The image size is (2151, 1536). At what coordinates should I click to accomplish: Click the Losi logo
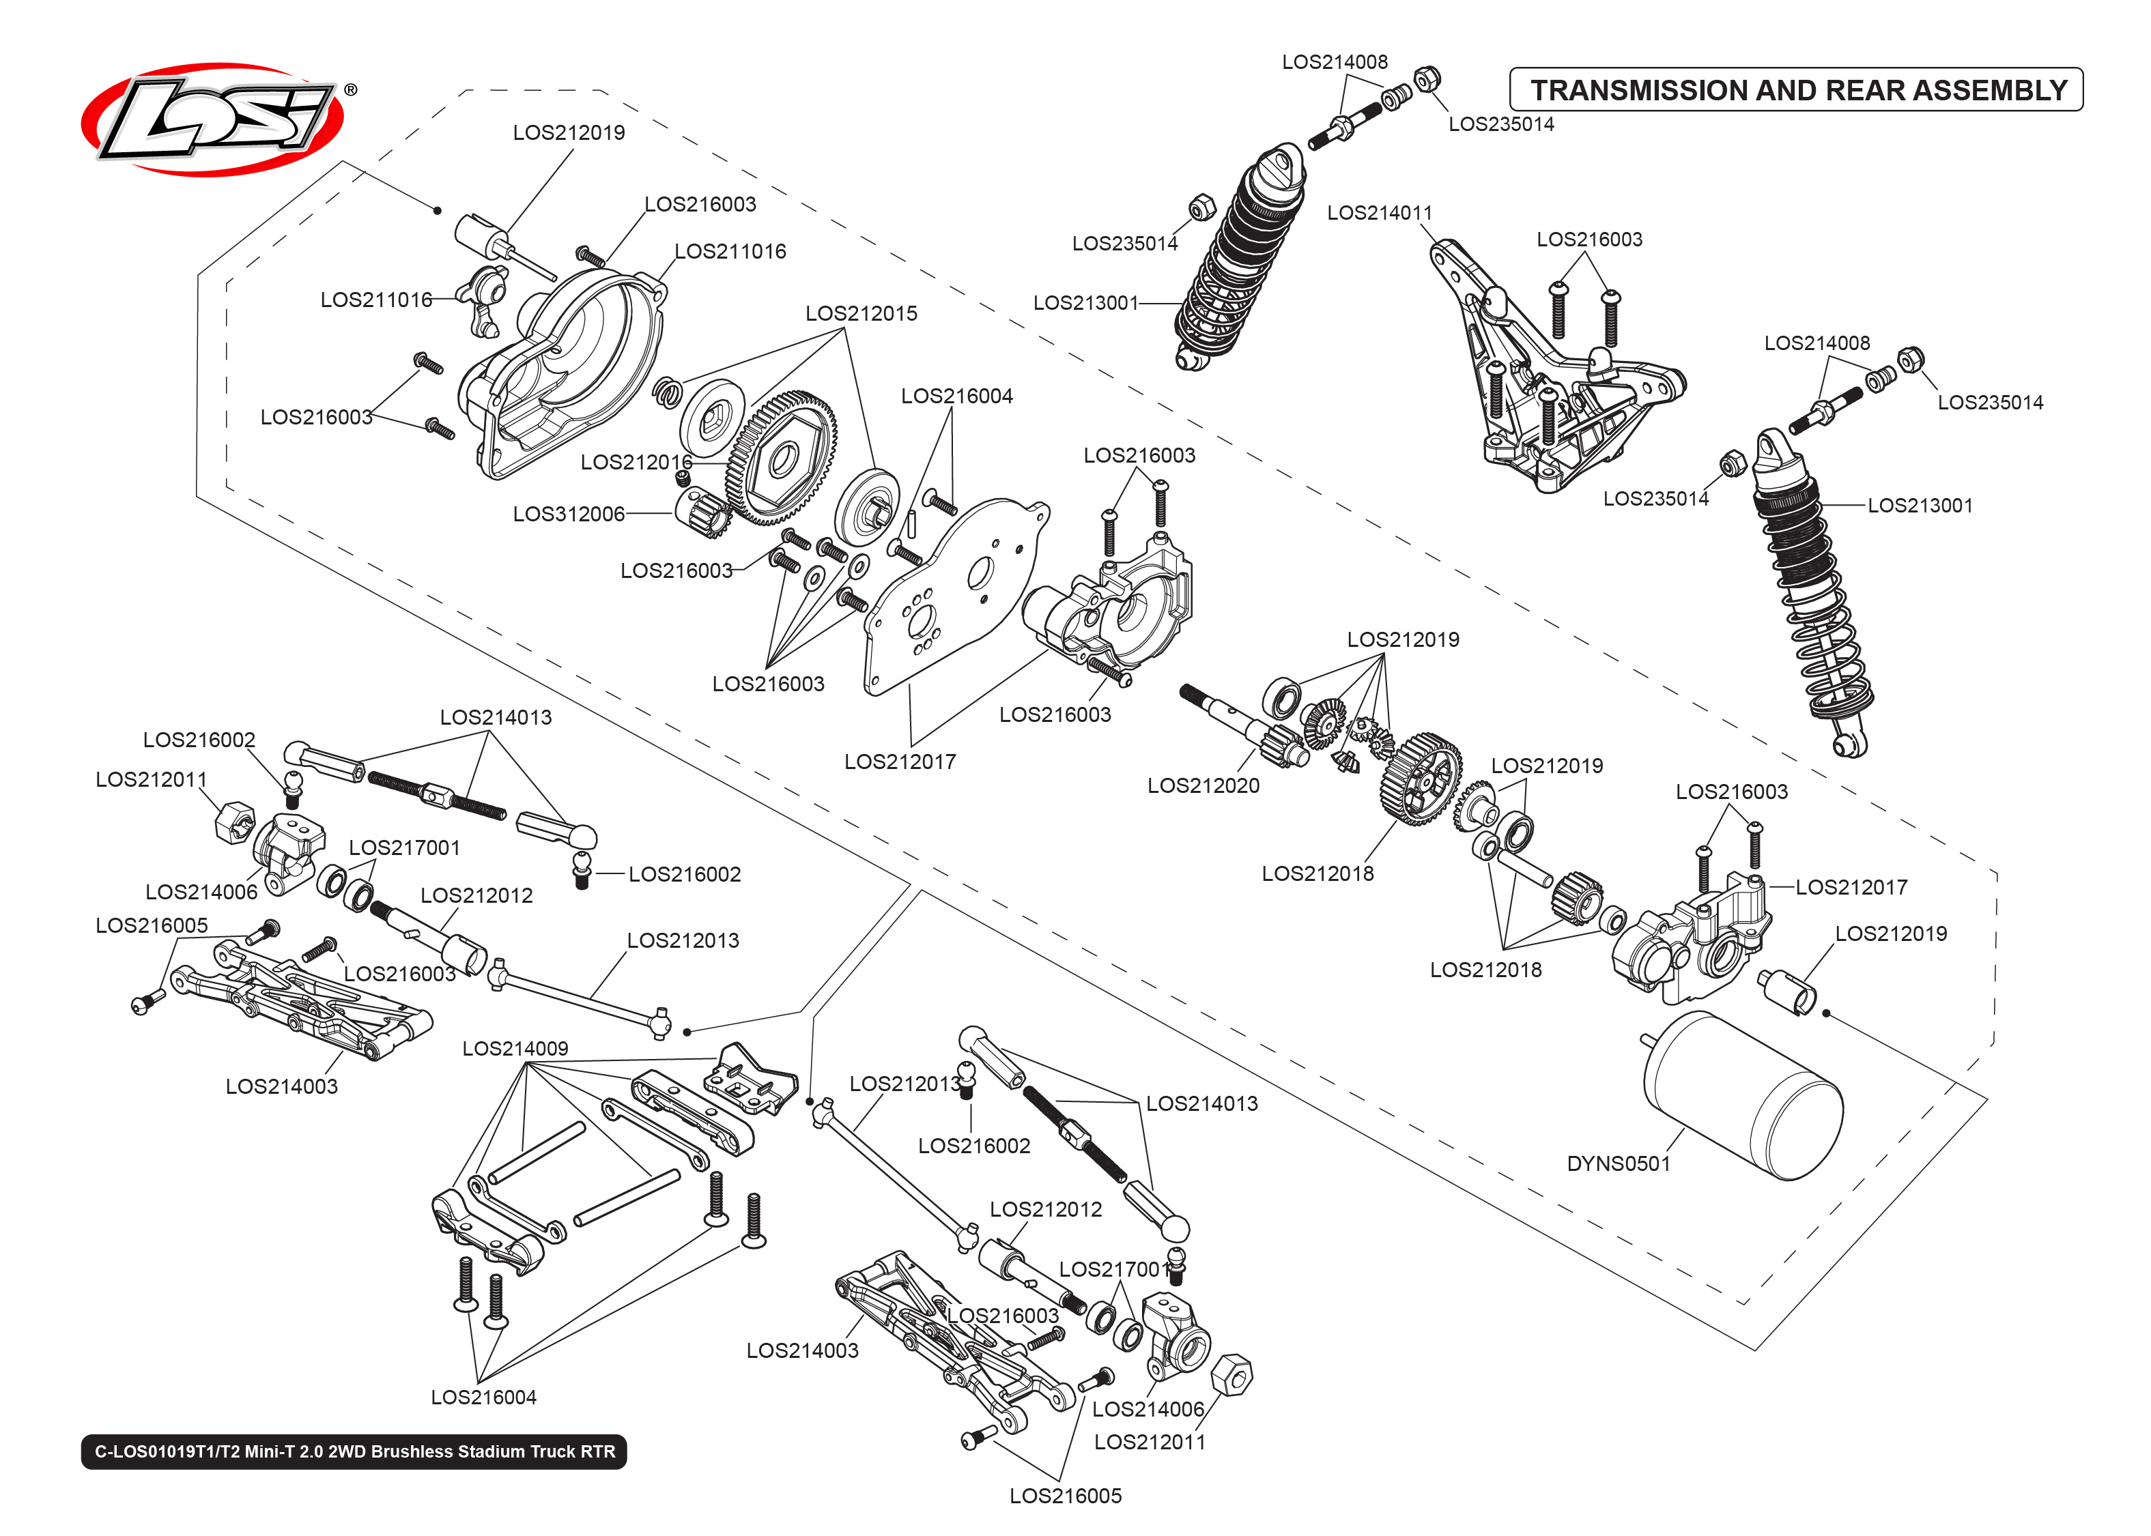[x=213, y=119]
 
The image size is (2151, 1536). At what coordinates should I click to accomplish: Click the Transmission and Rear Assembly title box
[x=1795, y=90]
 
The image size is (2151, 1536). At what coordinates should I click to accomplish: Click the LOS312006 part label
[x=569, y=514]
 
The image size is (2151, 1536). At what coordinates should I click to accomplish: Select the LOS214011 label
[x=1378, y=213]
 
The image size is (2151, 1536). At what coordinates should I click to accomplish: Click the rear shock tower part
[x=1551, y=378]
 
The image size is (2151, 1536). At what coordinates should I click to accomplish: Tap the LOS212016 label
[x=636, y=461]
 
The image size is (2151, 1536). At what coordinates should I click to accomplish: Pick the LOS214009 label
[x=515, y=1048]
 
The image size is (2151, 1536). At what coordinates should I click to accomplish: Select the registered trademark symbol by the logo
[x=351, y=91]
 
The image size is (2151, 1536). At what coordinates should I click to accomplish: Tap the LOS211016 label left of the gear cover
[x=375, y=300]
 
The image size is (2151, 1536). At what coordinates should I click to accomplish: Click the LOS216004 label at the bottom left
[x=483, y=1397]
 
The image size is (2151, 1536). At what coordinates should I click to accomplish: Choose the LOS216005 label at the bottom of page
[x=1064, y=1495]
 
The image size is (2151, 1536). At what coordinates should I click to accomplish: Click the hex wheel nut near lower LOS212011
[x=1231, y=1374]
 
